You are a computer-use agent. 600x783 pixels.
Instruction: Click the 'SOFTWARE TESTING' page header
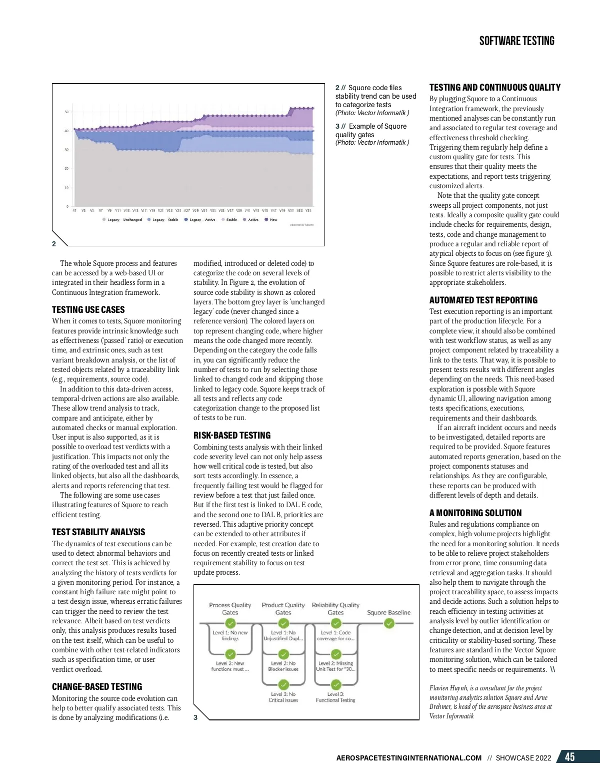tap(516, 41)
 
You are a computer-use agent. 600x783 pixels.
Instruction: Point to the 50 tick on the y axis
tap(66, 112)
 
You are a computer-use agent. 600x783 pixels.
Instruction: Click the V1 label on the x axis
tap(75, 211)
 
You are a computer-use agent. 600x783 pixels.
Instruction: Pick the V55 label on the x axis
tap(308, 211)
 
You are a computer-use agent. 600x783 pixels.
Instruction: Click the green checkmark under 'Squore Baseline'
tap(389, 623)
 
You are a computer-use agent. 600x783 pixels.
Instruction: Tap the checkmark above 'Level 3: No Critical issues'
tap(283, 684)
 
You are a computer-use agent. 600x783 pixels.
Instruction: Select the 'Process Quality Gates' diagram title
tap(230, 608)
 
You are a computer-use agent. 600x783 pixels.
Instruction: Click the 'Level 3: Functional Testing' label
tap(335, 697)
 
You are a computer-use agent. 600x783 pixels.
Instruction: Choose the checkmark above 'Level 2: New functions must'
tap(230, 654)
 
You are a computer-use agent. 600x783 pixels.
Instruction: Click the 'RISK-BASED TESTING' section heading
tap(232, 436)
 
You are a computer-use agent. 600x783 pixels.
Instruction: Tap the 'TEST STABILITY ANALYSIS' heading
tap(98, 532)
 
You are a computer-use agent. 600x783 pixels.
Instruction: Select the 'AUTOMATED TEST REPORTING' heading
tap(483, 300)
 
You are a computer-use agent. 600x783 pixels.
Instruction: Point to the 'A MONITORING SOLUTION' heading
tap(475, 513)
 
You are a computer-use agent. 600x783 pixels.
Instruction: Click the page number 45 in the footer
tap(569, 757)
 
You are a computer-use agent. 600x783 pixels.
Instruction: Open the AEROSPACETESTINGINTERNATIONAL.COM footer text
tap(409, 758)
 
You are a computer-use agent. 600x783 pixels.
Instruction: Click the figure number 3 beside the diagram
tap(195, 717)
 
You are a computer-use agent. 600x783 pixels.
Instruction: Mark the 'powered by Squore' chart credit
tap(302, 225)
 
